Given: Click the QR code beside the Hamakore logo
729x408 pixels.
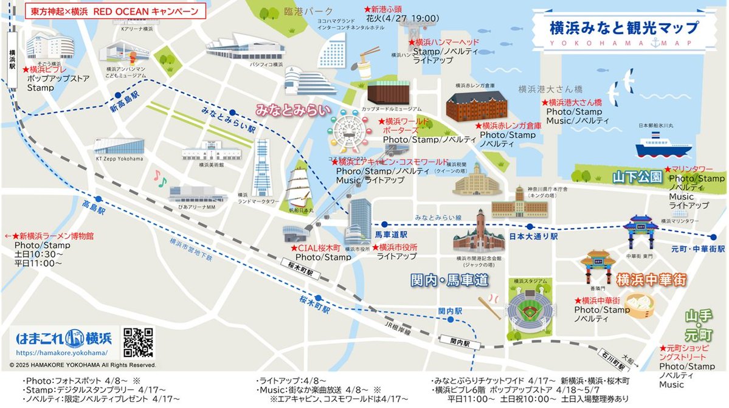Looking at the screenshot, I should coord(139,342).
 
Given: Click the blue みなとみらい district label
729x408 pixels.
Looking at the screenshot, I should coord(292,110).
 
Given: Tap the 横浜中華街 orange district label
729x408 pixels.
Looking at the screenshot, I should coord(651,280).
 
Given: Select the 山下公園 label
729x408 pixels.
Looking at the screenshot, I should coord(637,177).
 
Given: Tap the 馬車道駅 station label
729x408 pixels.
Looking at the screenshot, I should coord(390,234).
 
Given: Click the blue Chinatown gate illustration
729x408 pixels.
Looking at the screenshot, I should coord(640,230).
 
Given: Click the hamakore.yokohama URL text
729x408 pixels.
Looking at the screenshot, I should coord(62,353).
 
